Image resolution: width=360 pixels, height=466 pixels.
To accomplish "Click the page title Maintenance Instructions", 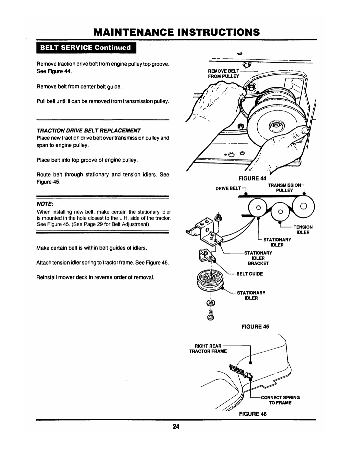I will tap(180, 32).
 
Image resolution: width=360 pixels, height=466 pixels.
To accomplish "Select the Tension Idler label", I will tap(303, 229).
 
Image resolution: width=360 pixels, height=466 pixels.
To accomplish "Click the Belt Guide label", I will tap(250, 274).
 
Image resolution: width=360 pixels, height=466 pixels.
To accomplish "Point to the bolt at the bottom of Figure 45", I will tap(210, 315).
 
